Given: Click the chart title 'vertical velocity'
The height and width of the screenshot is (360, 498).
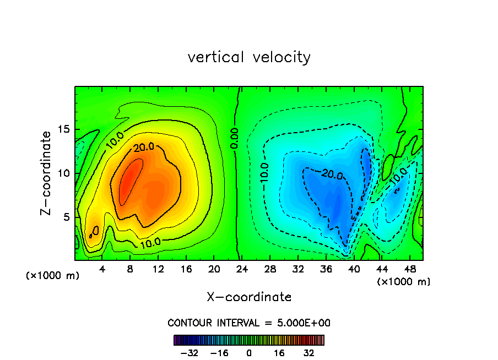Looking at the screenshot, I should coord(249,57).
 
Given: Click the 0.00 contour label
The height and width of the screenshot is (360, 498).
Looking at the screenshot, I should coord(234,137).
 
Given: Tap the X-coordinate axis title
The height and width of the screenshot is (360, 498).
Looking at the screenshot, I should coord(249,297).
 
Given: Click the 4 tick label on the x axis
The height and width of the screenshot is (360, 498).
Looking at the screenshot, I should coord(102,269).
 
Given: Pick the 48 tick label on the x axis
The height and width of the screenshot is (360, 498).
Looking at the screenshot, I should coord(409,269).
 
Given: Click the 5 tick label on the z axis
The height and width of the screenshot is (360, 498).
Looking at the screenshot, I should coord(64,217).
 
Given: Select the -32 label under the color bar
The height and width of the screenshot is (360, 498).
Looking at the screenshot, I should coord(190,353).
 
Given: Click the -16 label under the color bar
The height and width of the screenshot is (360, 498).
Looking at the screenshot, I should coord(219,353).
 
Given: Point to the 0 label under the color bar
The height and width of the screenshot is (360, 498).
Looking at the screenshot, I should coord(249,353).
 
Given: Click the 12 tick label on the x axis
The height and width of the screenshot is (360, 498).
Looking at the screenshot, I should coord(158,269).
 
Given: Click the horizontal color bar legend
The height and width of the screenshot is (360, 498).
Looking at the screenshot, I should coord(249,340).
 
